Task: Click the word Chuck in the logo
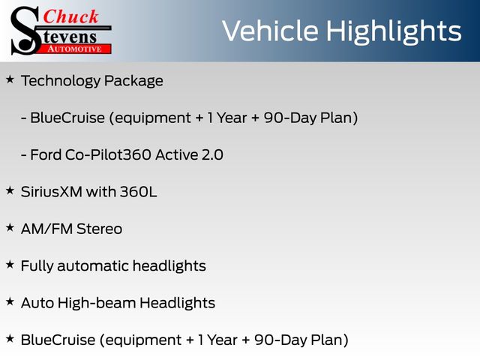point(70,16)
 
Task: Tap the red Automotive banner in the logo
point(75,49)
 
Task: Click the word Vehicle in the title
point(270,31)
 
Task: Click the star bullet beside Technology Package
point(10,79)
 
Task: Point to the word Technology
point(61,81)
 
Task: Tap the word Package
point(133,82)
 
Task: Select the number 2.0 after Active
point(212,154)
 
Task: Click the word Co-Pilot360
point(108,154)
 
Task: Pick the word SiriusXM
point(52,192)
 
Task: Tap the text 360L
point(138,192)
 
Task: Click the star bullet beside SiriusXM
point(10,190)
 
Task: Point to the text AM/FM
point(46,229)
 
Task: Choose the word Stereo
point(99,229)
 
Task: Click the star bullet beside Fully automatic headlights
point(10,265)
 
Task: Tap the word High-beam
point(97,303)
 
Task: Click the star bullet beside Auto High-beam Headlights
point(10,301)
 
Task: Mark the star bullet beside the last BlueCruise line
point(10,338)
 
